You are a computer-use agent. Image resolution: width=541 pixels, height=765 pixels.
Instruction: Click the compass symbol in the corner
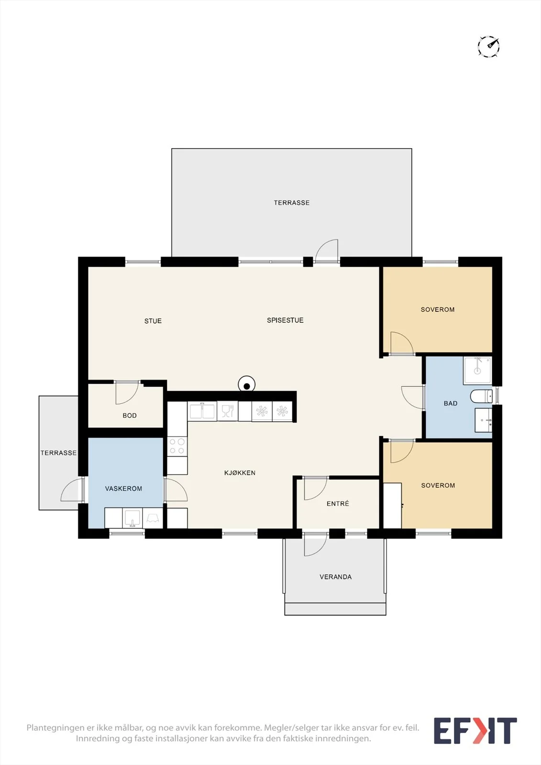coord(488,46)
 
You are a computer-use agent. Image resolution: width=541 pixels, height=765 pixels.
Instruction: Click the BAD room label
coord(451,404)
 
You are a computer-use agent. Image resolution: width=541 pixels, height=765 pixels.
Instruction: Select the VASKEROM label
coord(123,489)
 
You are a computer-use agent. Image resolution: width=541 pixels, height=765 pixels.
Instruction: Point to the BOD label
coord(130,415)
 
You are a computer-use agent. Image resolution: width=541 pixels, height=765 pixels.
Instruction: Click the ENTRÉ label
coord(338,503)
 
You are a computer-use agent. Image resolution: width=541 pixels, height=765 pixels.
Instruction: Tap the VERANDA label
coord(336,577)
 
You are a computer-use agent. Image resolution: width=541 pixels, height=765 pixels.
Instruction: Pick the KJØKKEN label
coord(240,473)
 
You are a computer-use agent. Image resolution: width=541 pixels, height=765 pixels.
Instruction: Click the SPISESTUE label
coord(285,320)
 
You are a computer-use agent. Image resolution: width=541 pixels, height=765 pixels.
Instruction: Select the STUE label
coord(153,321)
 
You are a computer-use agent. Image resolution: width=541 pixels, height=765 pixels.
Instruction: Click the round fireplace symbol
coord(247,384)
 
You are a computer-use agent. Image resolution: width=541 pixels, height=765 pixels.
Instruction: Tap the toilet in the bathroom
coord(481,396)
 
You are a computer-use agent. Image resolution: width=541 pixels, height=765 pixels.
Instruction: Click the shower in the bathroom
coord(477,370)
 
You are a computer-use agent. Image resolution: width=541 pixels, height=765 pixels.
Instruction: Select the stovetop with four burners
coord(177,446)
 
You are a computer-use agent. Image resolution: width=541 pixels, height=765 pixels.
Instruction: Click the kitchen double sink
coord(202,411)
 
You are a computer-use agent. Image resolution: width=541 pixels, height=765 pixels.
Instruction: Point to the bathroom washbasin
coord(484,420)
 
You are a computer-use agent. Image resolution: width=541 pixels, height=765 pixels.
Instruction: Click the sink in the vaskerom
coord(132,518)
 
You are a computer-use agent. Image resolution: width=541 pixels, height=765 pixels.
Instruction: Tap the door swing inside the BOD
coord(127,393)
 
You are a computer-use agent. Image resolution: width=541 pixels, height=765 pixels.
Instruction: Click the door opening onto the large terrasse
coord(327,251)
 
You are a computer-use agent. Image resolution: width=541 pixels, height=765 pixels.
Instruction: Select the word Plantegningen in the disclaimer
coord(55,727)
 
